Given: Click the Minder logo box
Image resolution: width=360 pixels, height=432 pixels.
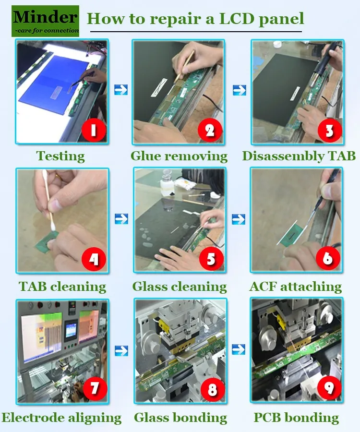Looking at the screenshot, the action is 45,21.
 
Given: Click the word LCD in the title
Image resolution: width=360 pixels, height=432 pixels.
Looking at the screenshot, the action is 237,18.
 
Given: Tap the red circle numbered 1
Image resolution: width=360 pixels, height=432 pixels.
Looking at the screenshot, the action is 94,130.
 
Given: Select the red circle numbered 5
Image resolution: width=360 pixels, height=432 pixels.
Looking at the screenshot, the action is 211,259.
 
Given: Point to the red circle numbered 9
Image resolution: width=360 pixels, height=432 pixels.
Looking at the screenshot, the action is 329,387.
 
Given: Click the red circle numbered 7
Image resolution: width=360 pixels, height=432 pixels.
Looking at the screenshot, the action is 95,388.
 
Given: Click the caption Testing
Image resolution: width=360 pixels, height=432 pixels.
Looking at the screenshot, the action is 60,156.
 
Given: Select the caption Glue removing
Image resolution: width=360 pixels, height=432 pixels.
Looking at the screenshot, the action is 179,156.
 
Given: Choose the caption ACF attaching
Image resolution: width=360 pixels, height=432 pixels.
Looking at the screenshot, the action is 296,287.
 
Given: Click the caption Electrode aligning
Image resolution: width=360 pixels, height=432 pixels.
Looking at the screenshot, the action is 62,418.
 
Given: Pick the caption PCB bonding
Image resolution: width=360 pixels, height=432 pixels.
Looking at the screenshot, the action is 296,418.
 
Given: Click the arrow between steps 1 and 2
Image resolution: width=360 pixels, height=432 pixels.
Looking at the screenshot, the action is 121,90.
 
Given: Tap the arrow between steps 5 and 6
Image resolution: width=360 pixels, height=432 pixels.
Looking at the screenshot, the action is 239,219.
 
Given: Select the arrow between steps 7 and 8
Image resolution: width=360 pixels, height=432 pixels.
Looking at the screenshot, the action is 121,350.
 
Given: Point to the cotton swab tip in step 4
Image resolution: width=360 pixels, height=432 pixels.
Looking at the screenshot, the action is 53,226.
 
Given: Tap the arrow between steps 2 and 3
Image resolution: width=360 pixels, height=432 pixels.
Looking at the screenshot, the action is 240,90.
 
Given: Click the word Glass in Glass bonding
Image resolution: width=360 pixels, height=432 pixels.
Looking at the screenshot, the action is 150,418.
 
